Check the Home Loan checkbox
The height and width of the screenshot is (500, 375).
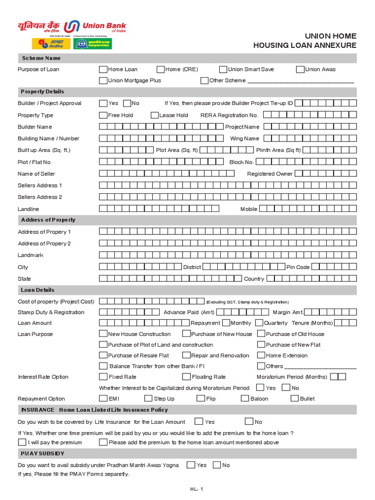point(103,69)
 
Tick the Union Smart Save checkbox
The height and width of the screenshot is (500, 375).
point(223,69)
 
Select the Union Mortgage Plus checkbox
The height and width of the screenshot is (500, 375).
point(103,81)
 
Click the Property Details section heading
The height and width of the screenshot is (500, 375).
point(42,92)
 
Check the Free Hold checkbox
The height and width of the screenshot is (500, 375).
point(103,115)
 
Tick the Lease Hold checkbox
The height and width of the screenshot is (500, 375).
point(155,115)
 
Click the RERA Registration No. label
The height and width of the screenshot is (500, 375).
point(229,115)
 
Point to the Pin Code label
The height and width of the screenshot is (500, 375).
point(298,267)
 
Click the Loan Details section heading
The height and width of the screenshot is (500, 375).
point(38,290)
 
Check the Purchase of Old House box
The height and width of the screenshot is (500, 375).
point(261,334)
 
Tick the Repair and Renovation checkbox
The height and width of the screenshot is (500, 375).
point(187,355)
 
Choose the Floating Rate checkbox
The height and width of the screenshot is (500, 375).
point(187,377)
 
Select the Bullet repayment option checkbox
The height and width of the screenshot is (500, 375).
point(294,398)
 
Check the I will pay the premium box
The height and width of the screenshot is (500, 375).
point(22,442)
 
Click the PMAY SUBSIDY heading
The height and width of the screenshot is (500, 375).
point(42,454)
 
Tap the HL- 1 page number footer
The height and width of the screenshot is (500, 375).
point(196,489)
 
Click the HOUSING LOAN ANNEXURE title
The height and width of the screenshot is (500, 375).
point(305,45)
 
